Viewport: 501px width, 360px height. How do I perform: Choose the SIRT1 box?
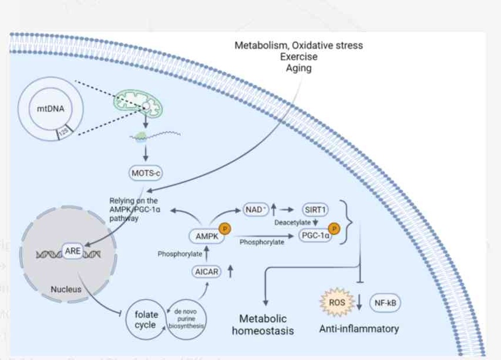click(316, 209)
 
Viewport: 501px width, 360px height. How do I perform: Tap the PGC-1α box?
click(315, 235)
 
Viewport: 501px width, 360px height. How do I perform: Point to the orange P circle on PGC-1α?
click(334, 228)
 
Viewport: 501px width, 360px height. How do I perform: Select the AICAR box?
click(207, 271)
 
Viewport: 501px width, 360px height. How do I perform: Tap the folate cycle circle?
click(146, 319)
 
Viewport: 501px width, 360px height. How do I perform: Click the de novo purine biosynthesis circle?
click(187, 319)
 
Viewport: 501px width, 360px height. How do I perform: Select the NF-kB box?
click(385, 303)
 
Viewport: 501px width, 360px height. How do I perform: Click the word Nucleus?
click(66, 289)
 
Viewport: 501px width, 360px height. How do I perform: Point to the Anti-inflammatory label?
click(358, 328)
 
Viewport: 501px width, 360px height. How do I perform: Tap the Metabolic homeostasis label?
click(263, 325)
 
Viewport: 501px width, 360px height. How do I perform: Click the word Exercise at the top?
click(298, 57)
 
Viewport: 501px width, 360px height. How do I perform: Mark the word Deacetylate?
click(293, 222)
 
